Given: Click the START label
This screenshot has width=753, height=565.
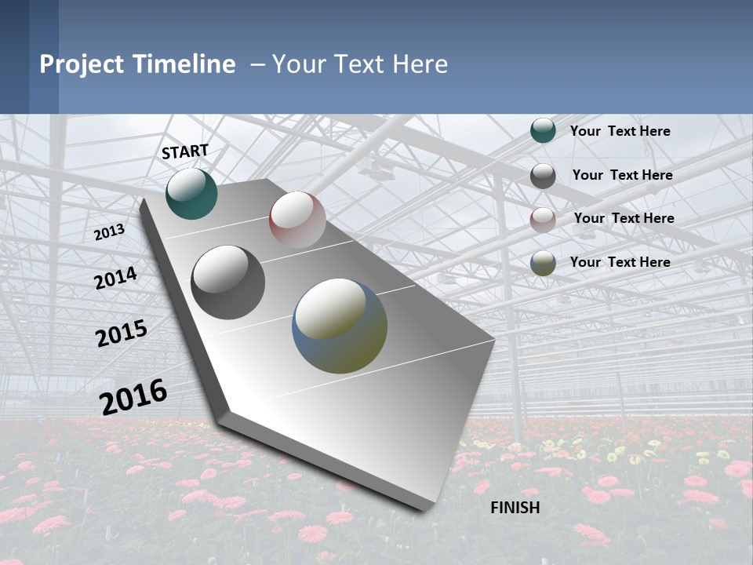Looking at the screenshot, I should [x=185, y=151].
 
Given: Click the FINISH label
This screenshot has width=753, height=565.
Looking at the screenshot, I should [x=515, y=508].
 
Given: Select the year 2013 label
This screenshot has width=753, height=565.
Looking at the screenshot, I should [x=109, y=232].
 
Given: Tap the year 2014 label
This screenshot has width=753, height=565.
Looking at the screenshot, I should [x=115, y=279].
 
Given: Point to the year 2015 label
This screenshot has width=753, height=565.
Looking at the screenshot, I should [x=122, y=334].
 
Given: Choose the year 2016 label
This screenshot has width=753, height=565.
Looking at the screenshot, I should [x=133, y=396].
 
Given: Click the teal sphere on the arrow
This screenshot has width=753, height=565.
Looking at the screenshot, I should [x=191, y=193].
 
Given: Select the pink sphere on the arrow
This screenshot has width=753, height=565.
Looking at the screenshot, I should [x=297, y=219].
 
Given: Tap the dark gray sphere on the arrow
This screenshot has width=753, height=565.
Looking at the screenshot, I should [x=228, y=282].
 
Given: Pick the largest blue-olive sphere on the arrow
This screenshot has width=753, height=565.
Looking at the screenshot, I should [x=340, y=326].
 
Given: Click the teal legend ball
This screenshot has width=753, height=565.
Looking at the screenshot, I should [x=543, y=131].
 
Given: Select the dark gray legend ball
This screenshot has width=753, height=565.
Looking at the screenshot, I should [x=543, y=176].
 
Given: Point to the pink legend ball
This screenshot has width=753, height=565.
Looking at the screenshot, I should [x=543, y=220].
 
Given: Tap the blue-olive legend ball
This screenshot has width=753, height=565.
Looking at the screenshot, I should [x=543, y=264].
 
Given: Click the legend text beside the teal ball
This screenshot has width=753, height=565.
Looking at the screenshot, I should [x=620, y=131].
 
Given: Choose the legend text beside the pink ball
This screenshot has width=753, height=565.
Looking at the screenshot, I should [x=624, y=218].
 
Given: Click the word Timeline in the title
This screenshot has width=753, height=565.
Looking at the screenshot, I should [x=184, y=64].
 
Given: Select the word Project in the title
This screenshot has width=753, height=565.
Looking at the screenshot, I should [x=82, y=64].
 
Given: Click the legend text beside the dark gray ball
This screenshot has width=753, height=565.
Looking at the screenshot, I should [x=622, y=175].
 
